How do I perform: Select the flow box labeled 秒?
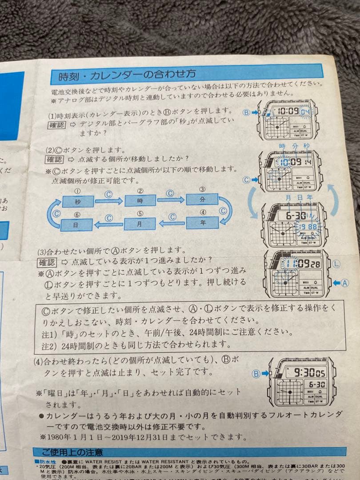[x=78, y=201]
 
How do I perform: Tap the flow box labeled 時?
[x=140, y=200]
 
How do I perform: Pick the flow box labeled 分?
[x=202, y=199]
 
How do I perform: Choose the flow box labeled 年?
[x=202, y=222]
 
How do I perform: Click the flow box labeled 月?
[x=140, y=224]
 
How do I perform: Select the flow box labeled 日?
[x=76, y=225]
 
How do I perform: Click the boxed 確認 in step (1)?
[x=56, y=125]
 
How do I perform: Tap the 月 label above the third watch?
[x=288, y=197]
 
